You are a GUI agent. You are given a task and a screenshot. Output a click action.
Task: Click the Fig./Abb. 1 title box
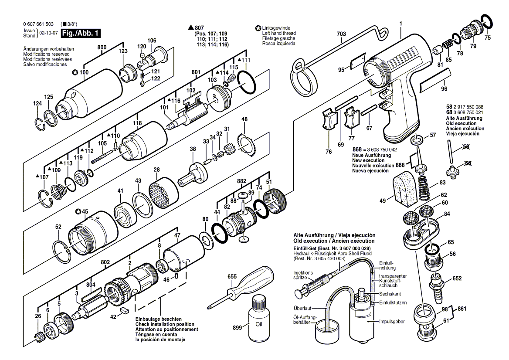(x=81, y=33)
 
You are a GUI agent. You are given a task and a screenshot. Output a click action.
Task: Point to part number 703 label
(x=341, y=34)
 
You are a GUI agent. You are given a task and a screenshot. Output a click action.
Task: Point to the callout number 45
(x=85, y=212)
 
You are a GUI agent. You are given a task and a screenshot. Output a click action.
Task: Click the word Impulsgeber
(x=392, y=321)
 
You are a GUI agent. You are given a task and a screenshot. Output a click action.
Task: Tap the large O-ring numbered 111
(x=247, y=82)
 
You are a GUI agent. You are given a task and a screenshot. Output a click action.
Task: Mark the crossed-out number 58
(x=466, y=147)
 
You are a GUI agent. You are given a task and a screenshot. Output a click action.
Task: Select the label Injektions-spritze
(x=304, y=275)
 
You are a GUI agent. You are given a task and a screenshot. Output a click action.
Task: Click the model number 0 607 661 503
(x=38, y=24)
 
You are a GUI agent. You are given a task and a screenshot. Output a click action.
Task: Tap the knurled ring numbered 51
(x=275, y=202)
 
